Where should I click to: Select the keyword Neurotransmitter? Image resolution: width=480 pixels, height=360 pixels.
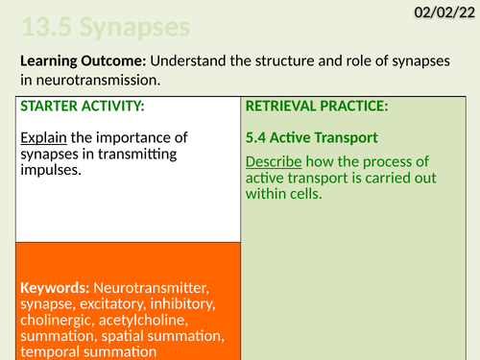click(155, 288)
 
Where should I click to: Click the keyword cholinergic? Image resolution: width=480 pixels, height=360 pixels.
click(56, 321)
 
